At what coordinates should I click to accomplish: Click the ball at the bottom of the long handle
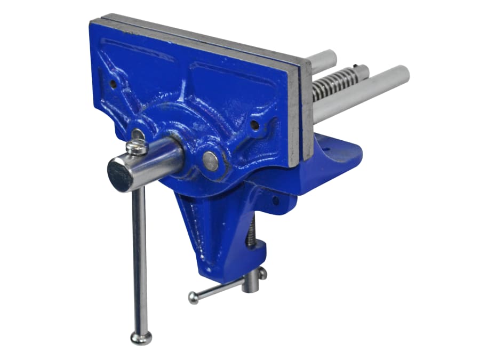coord(141,337)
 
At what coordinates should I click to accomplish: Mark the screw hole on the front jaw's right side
coord(254,126)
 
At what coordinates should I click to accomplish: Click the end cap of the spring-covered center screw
coord(363,71)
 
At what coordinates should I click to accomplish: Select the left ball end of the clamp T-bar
coord(193,298)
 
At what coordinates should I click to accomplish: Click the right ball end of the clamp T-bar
coord(262,273)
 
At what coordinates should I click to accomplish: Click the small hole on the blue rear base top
coord(327,143)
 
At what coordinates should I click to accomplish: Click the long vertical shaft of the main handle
coord(139,256)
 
